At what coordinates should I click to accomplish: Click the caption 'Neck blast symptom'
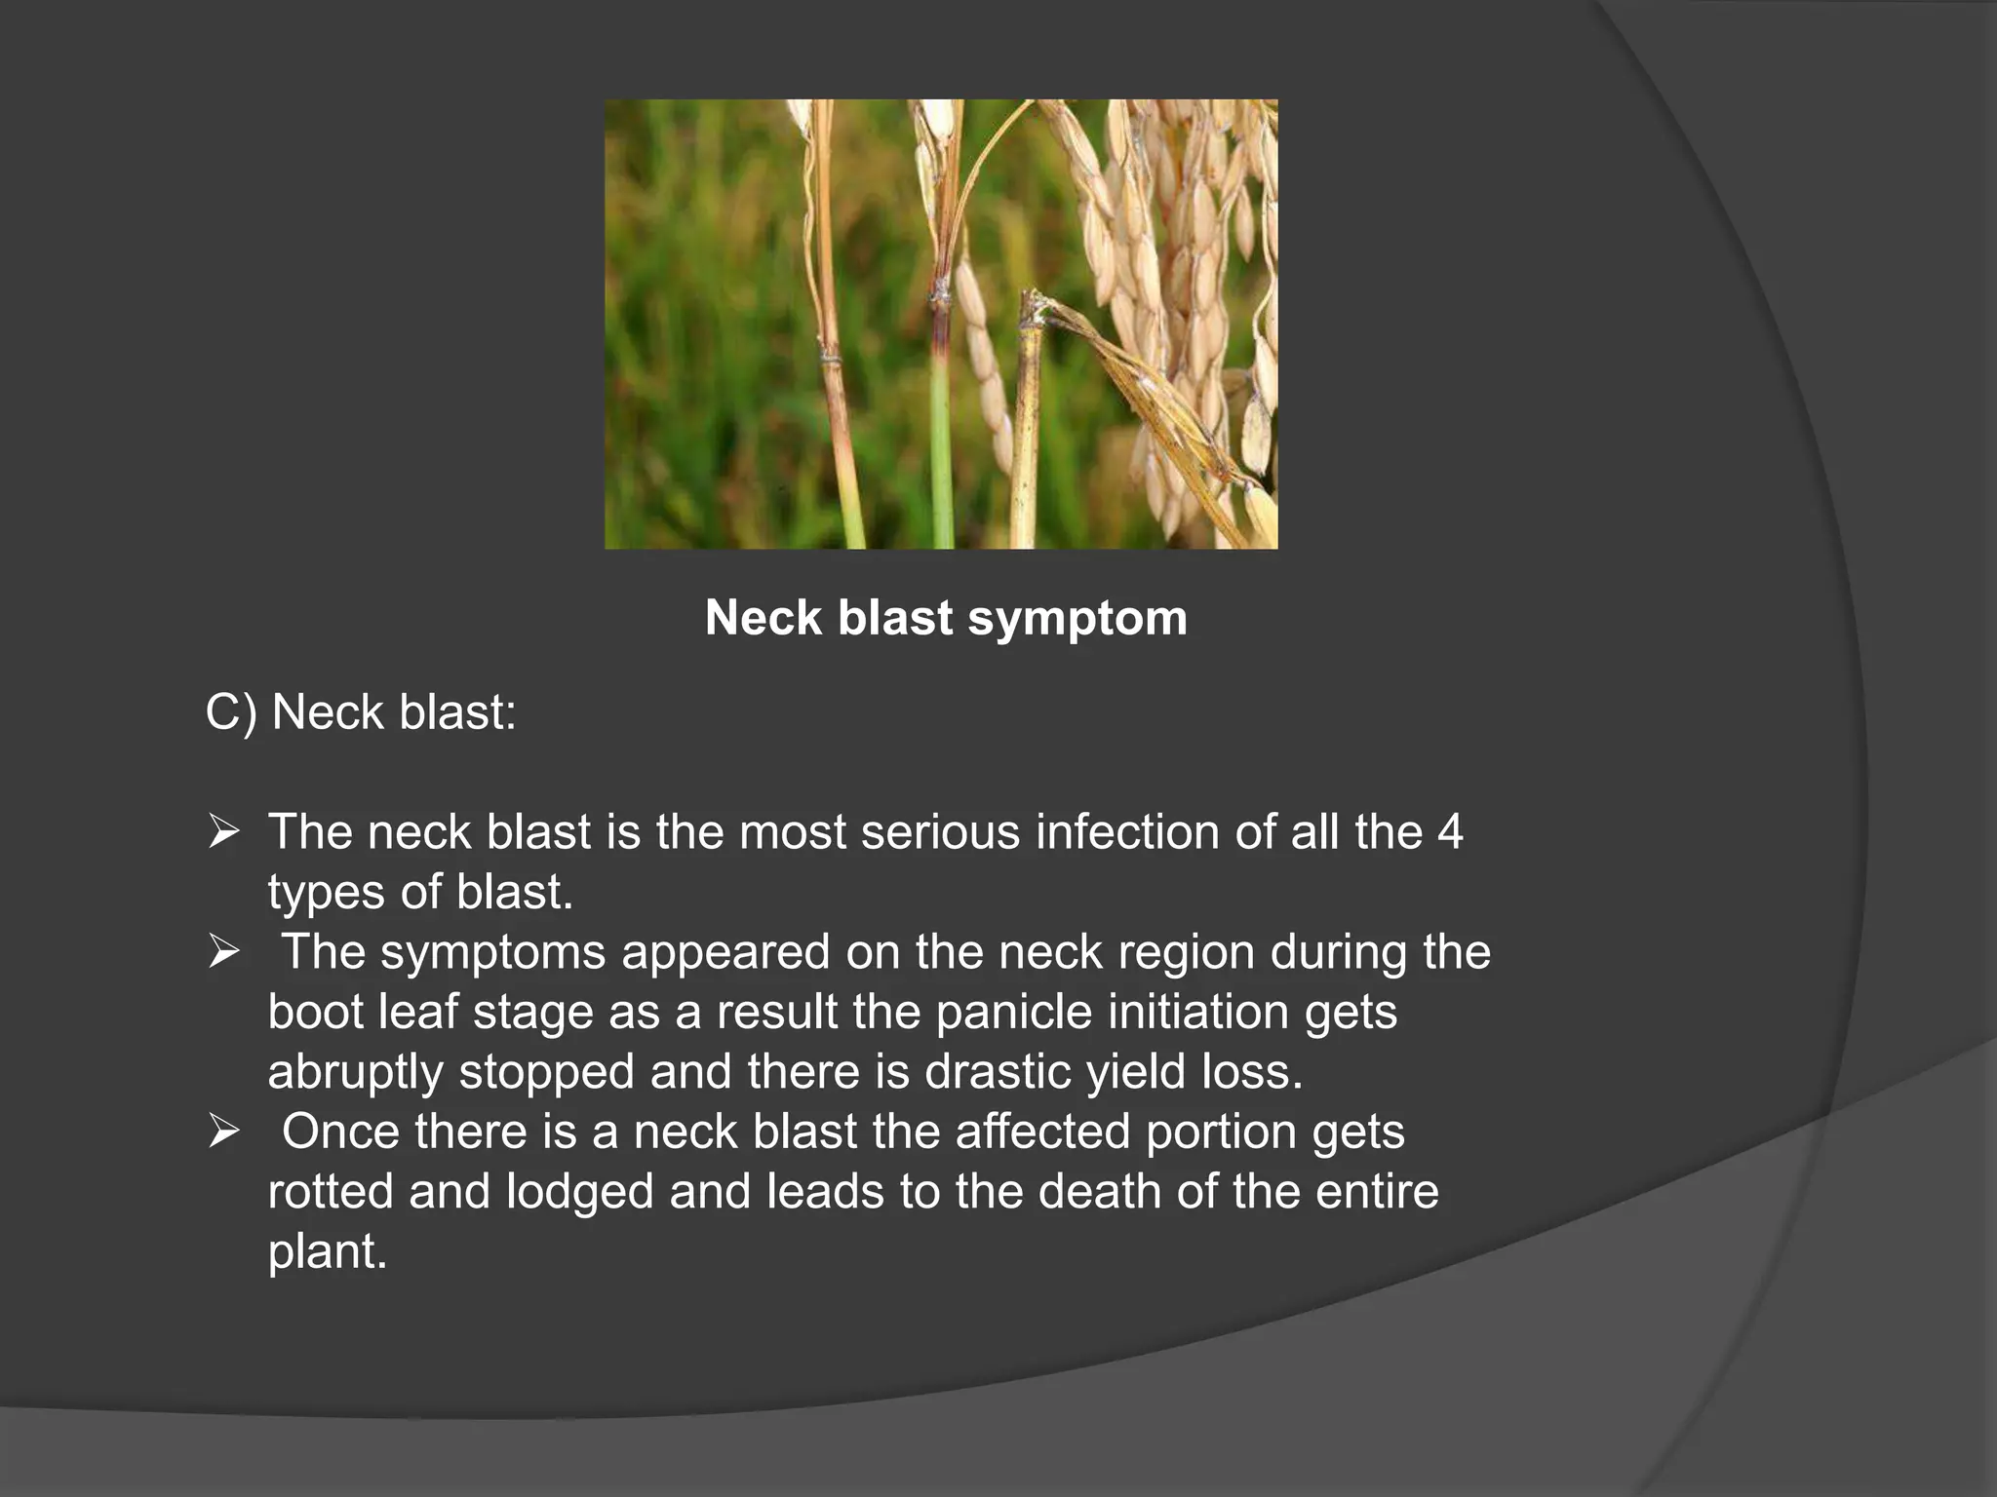pos(946,618)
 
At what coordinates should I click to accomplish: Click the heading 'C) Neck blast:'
pos(361,712)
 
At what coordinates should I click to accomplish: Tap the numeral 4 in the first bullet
pos(1450,832)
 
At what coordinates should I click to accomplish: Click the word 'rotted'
pos(330,1192)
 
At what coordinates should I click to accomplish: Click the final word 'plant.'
pos(328,1252)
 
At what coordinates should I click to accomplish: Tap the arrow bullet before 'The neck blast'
pos(223,832)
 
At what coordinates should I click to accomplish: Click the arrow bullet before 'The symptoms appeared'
pos(223,952)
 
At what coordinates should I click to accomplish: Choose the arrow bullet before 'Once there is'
pos(223,1132)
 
